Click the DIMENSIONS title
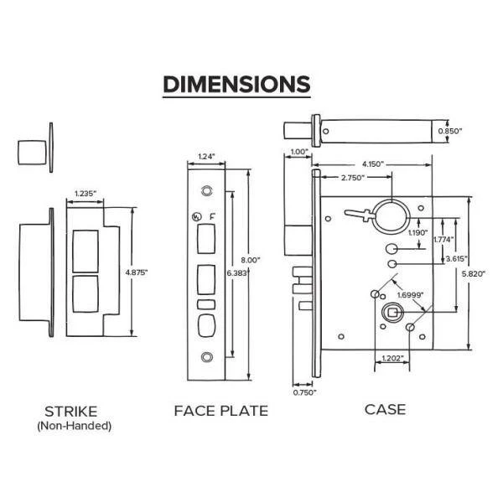tap(236, 85)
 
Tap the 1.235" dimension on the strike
tap(86, 194)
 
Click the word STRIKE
tap(70, 411)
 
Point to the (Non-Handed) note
tap(74, 426)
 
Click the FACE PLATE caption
tap(220, 411)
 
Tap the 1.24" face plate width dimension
tap(205, 156)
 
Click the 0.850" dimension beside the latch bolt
tap(450, 131)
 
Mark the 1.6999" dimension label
tap(408, 295)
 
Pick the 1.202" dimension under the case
tap(387, 359)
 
